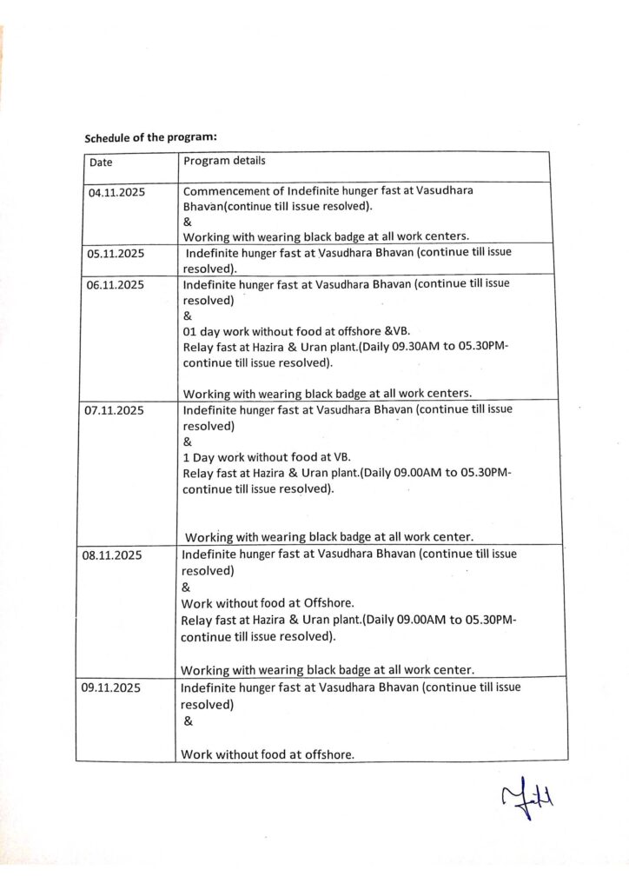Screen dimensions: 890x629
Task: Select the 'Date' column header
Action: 101,162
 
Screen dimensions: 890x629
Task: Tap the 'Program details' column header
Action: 225,161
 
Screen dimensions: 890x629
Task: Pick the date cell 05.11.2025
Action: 116,254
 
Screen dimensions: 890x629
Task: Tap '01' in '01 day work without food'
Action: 190,332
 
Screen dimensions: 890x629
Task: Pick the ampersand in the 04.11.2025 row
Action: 188,222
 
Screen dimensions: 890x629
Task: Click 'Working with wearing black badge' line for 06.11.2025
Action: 327,393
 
